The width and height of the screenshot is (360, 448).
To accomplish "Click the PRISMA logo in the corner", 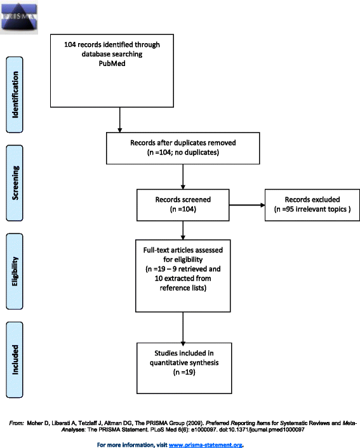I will [19, 17].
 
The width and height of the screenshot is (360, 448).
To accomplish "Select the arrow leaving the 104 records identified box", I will [119, 119].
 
